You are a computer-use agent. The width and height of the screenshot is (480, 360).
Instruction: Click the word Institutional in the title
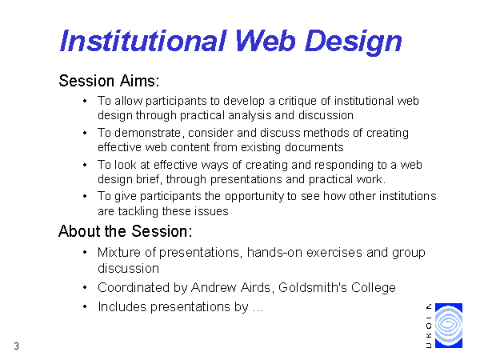143,41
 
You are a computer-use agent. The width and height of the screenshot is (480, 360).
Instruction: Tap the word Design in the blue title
353,42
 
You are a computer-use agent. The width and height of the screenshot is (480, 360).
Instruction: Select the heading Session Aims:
109,81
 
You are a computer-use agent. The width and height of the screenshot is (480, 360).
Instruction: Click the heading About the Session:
126,231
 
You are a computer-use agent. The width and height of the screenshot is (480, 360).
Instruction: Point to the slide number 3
16,346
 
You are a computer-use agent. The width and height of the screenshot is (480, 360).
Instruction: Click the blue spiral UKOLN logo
449,326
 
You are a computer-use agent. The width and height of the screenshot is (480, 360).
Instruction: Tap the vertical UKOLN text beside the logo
429,326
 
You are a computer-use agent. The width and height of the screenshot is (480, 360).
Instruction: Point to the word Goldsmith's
313,287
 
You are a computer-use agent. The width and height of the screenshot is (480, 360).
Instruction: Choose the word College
373,288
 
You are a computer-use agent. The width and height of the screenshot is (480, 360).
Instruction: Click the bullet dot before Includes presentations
85,306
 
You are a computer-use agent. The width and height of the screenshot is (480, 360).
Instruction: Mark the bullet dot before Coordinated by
85,287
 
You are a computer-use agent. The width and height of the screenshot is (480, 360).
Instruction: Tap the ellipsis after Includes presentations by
258,310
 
